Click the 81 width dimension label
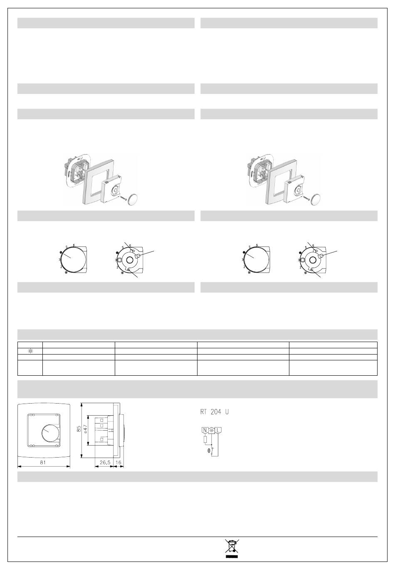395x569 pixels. tap(43, 462)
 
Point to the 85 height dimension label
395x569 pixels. tap(79, 429)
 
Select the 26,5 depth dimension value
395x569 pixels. tap(105, 462)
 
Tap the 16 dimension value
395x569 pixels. tap(118, 462)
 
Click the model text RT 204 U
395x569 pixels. tap(215, 412)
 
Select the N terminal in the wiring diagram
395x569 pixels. tap(205, 430)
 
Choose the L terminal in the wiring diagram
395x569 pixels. tap(218, 430)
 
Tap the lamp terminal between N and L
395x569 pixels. tap(212, 431)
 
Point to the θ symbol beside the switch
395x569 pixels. tap(209, 451)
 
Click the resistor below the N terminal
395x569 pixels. tap(205, 439)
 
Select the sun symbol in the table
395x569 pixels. tap(30, 352)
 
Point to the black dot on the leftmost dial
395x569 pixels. tap(61, 252)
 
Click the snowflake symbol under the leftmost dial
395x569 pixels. tap(67, 273)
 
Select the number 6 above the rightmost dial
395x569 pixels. tap(313, 246)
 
